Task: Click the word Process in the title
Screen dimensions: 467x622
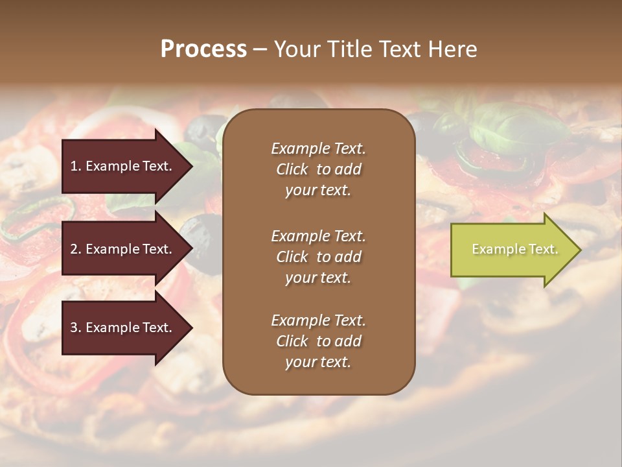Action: tap(203, 49)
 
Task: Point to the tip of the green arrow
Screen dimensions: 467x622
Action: tap(579, 250)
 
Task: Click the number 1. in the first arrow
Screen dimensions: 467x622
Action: tap(76, 166)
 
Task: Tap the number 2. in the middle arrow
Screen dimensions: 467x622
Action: tap(76, 249)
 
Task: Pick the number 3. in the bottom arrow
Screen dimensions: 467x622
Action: tap(76, 328)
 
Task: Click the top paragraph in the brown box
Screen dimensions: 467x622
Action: tap(318, 169)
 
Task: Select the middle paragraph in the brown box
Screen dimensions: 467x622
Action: tap(318, 257)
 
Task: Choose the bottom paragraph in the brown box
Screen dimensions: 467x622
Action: tap(318, 341)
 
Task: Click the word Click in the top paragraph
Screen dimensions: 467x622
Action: tap(292, 169)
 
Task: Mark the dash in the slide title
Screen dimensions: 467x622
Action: tap(260, 50)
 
